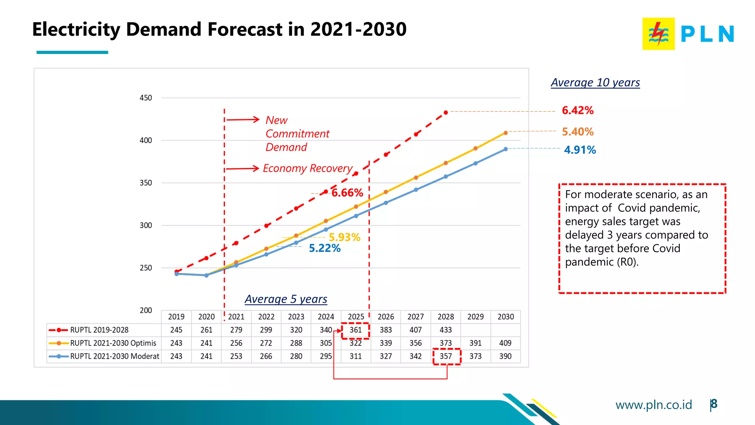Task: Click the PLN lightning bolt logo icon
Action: (x=658, y=34)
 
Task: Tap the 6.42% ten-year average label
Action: (x=577, y=110)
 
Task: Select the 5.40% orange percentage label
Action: (x=577, y=132)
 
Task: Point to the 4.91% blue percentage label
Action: (x=580, y=150)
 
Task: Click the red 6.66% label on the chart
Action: (x=347, y=193)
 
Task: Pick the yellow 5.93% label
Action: (x=344, y=237)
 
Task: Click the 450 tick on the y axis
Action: (x=146, y=98)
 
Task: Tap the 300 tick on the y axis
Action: (x=146, y=225)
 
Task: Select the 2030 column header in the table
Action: (x=505, y=317)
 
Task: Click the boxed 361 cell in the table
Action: (x=355, y=330)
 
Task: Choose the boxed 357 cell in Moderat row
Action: (x=446, y=356)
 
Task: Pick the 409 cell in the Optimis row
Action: (x=505, y=343)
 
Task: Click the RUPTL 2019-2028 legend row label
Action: (x=99, y=330)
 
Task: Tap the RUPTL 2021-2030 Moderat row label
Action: (x=115, y=356)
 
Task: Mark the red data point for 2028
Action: (x=446, y=113)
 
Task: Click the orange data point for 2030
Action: (x=505, y=133)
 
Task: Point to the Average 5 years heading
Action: (x=286, y=299)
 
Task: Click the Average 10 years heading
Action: (x=595, y=82)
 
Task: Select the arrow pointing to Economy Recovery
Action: (x=243, y=169)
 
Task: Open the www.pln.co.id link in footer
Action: (x=653, y=405)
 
